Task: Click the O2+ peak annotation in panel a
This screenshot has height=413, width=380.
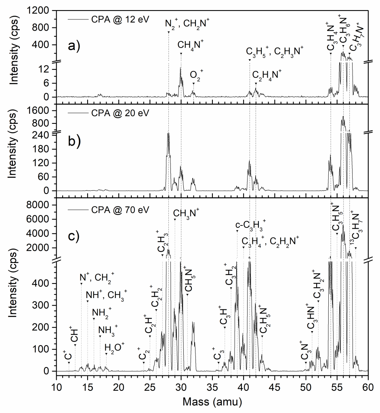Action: (197, 74)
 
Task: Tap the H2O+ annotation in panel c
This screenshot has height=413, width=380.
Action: (115, 346)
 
